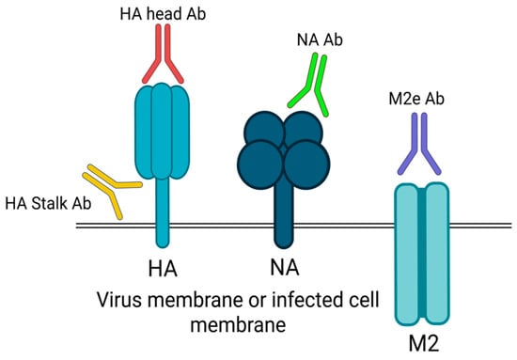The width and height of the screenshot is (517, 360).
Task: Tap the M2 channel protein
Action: tap(421, 254)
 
